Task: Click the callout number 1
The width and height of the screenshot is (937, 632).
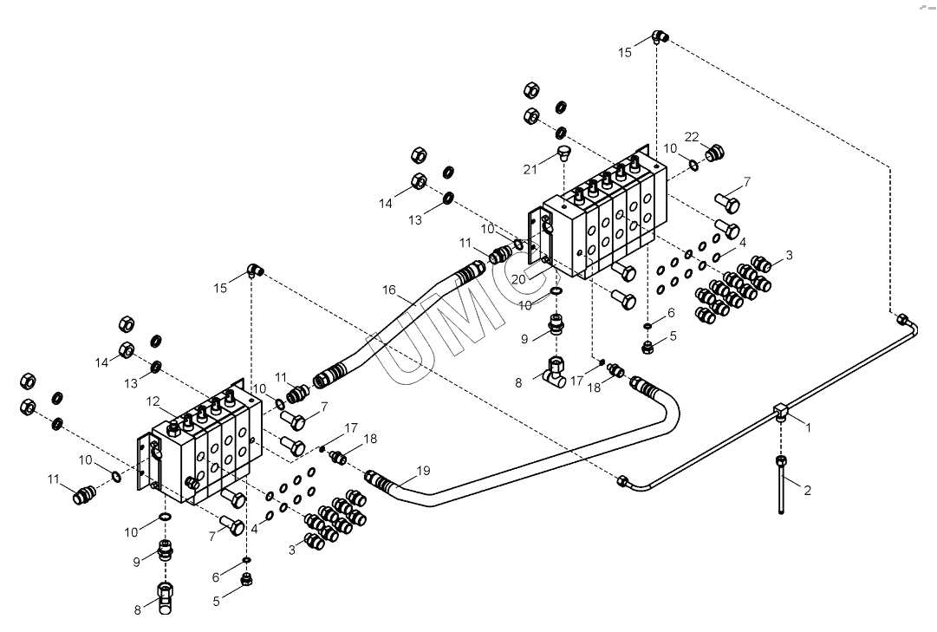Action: point(809,427)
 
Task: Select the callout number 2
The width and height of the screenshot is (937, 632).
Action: point(807,491)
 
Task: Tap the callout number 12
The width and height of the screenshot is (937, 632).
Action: point(153,401)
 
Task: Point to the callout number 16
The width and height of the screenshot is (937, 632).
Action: point(389,290)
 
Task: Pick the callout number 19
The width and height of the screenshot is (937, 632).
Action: point(423,471)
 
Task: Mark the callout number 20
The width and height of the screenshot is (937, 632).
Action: point(518,279)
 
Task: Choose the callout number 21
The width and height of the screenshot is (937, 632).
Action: point(530,170)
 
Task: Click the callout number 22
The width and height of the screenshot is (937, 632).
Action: point(692,137)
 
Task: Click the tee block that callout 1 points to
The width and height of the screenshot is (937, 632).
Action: point(781,412)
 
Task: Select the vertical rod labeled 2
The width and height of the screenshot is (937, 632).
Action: point(780,485)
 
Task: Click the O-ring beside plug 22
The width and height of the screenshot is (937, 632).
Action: point(693,165)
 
